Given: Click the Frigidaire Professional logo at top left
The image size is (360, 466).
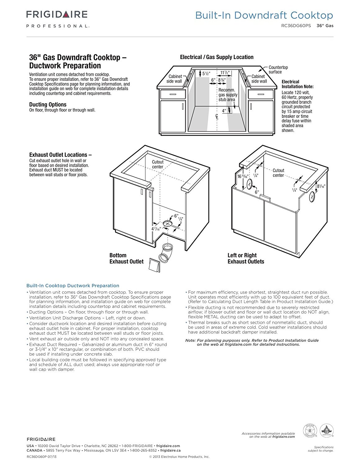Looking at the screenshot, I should click(x=57, y=18).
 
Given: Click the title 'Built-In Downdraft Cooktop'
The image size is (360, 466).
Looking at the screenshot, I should click(x=264, y=15).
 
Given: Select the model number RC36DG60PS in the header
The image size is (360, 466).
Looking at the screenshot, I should click(x=296, y=26).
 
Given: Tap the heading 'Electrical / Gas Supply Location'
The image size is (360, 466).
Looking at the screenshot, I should click(x=216, y=57).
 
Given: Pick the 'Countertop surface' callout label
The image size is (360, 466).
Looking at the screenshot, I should click(x=278, y=70).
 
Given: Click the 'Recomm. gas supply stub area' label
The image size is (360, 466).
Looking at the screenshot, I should click(x=227, y=95).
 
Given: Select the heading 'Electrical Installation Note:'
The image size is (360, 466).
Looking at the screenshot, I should click(x=297, y=84).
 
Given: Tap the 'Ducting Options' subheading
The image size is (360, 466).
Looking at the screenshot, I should click(x=48, y=104).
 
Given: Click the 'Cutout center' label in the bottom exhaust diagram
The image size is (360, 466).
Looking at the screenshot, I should click(x=157, y=164).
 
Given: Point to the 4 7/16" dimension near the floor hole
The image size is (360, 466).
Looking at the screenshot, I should click(x=156, y=229).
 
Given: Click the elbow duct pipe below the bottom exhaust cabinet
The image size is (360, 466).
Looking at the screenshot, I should click(x=166, y=252).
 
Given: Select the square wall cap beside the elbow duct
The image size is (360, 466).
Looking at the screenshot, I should click(x=155, y=265).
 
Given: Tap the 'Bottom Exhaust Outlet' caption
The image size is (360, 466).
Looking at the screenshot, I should click(x=126, y=258).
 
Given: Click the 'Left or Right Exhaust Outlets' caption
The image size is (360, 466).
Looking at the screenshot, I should click(x=246, y=258).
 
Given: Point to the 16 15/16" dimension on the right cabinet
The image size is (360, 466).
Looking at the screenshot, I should click(x=243, y=176).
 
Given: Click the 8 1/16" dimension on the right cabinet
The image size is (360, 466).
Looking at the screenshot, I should click(x=321, y=186).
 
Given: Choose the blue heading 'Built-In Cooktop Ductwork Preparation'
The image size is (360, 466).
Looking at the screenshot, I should click(x=73, y=286).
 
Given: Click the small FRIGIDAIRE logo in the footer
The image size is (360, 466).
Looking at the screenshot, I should click(x=41, y=439).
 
